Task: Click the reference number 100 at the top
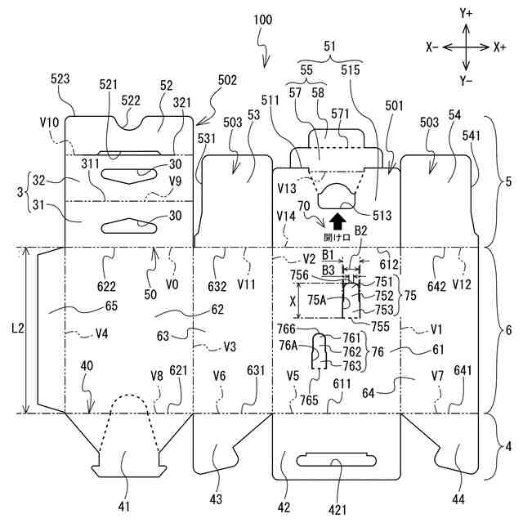tap(263, 20)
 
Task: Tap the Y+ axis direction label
tap(466, 13)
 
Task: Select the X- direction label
tap(432, 47)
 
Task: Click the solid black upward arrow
tap(337, 221)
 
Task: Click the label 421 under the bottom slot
tap(337, 510)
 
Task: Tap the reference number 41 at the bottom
tap(123, 507)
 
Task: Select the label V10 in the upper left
tap(49, 123)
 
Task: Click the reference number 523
tap(60, 79)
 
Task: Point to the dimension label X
tap(293, 302)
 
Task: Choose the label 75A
tap(316, 300)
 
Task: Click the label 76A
tap(288, 345)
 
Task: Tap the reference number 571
tap(340, 114)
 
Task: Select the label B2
tap(360, 230)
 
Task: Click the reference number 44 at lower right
tap(458, 499)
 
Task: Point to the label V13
tap(287, 189)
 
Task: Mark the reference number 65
tap(111, 306)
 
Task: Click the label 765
tap(309, 400)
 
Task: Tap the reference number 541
tap(472, 136)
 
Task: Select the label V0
tap(172, 284)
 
